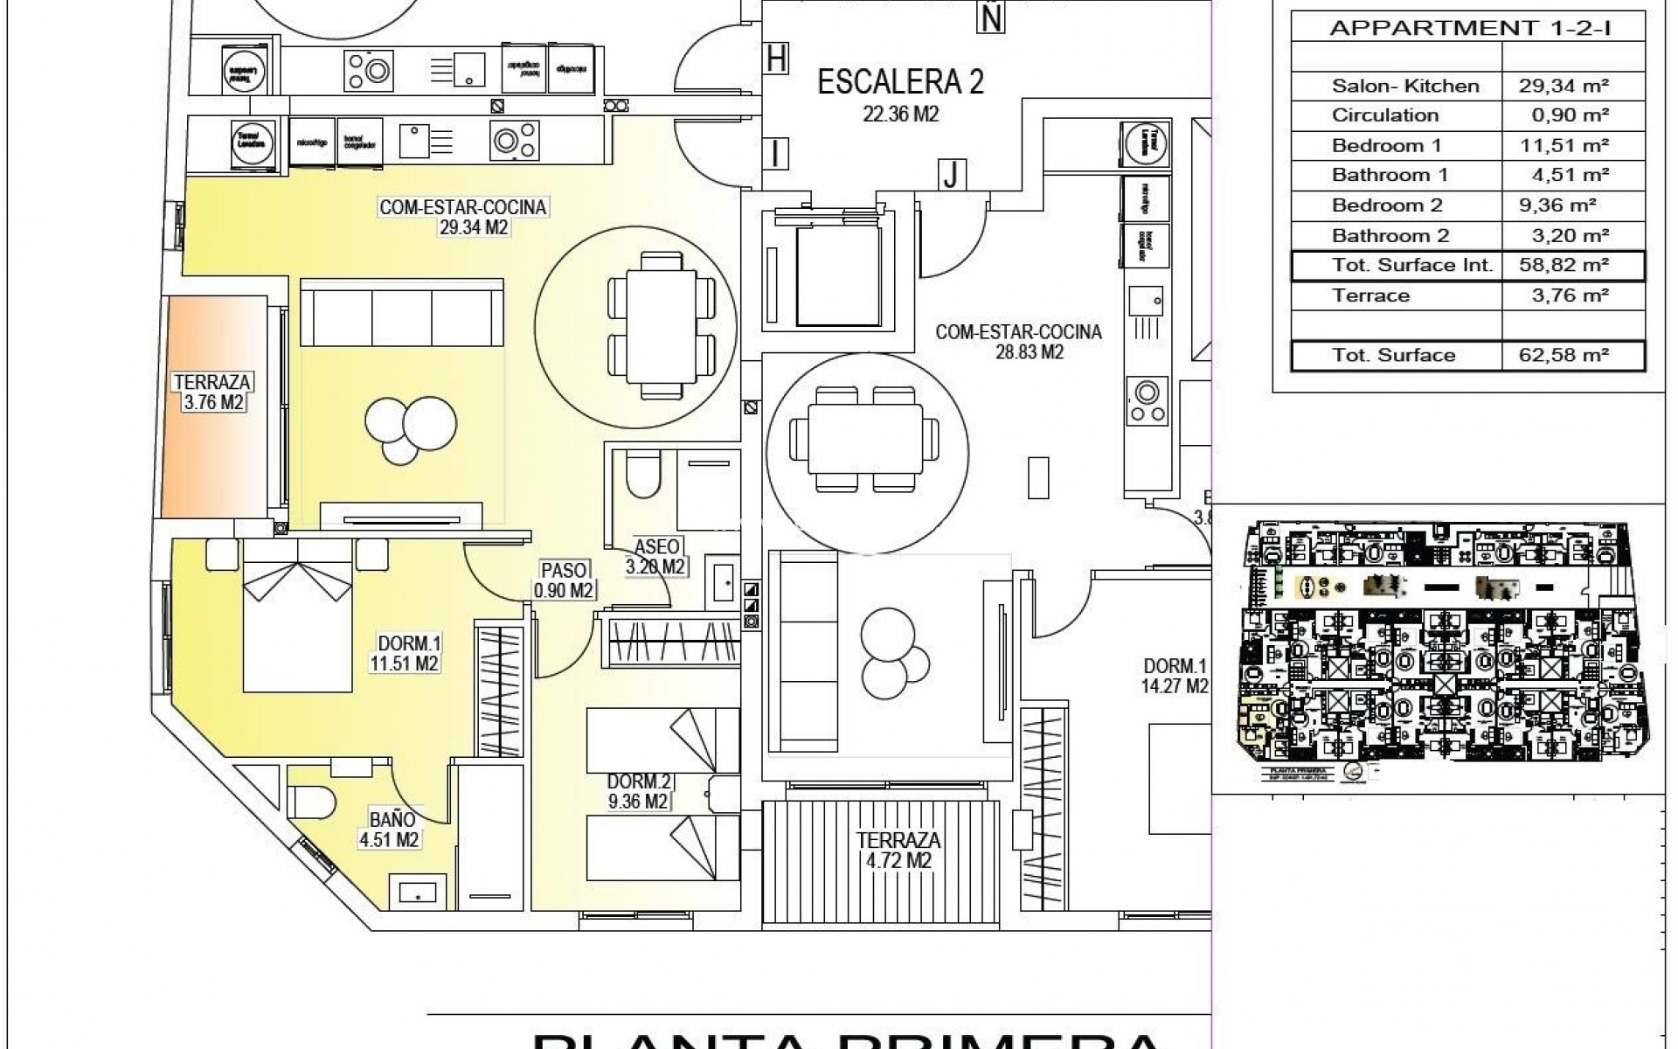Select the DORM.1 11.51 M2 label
404,653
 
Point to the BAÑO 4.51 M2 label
390,830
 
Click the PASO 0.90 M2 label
564,580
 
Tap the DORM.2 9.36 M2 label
638,791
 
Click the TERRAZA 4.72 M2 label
898,850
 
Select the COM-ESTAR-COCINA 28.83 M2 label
1017,342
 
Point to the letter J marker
951,176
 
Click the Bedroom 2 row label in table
1386,205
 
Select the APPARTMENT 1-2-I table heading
1470,28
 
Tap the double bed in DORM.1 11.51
297,616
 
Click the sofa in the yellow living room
402,312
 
